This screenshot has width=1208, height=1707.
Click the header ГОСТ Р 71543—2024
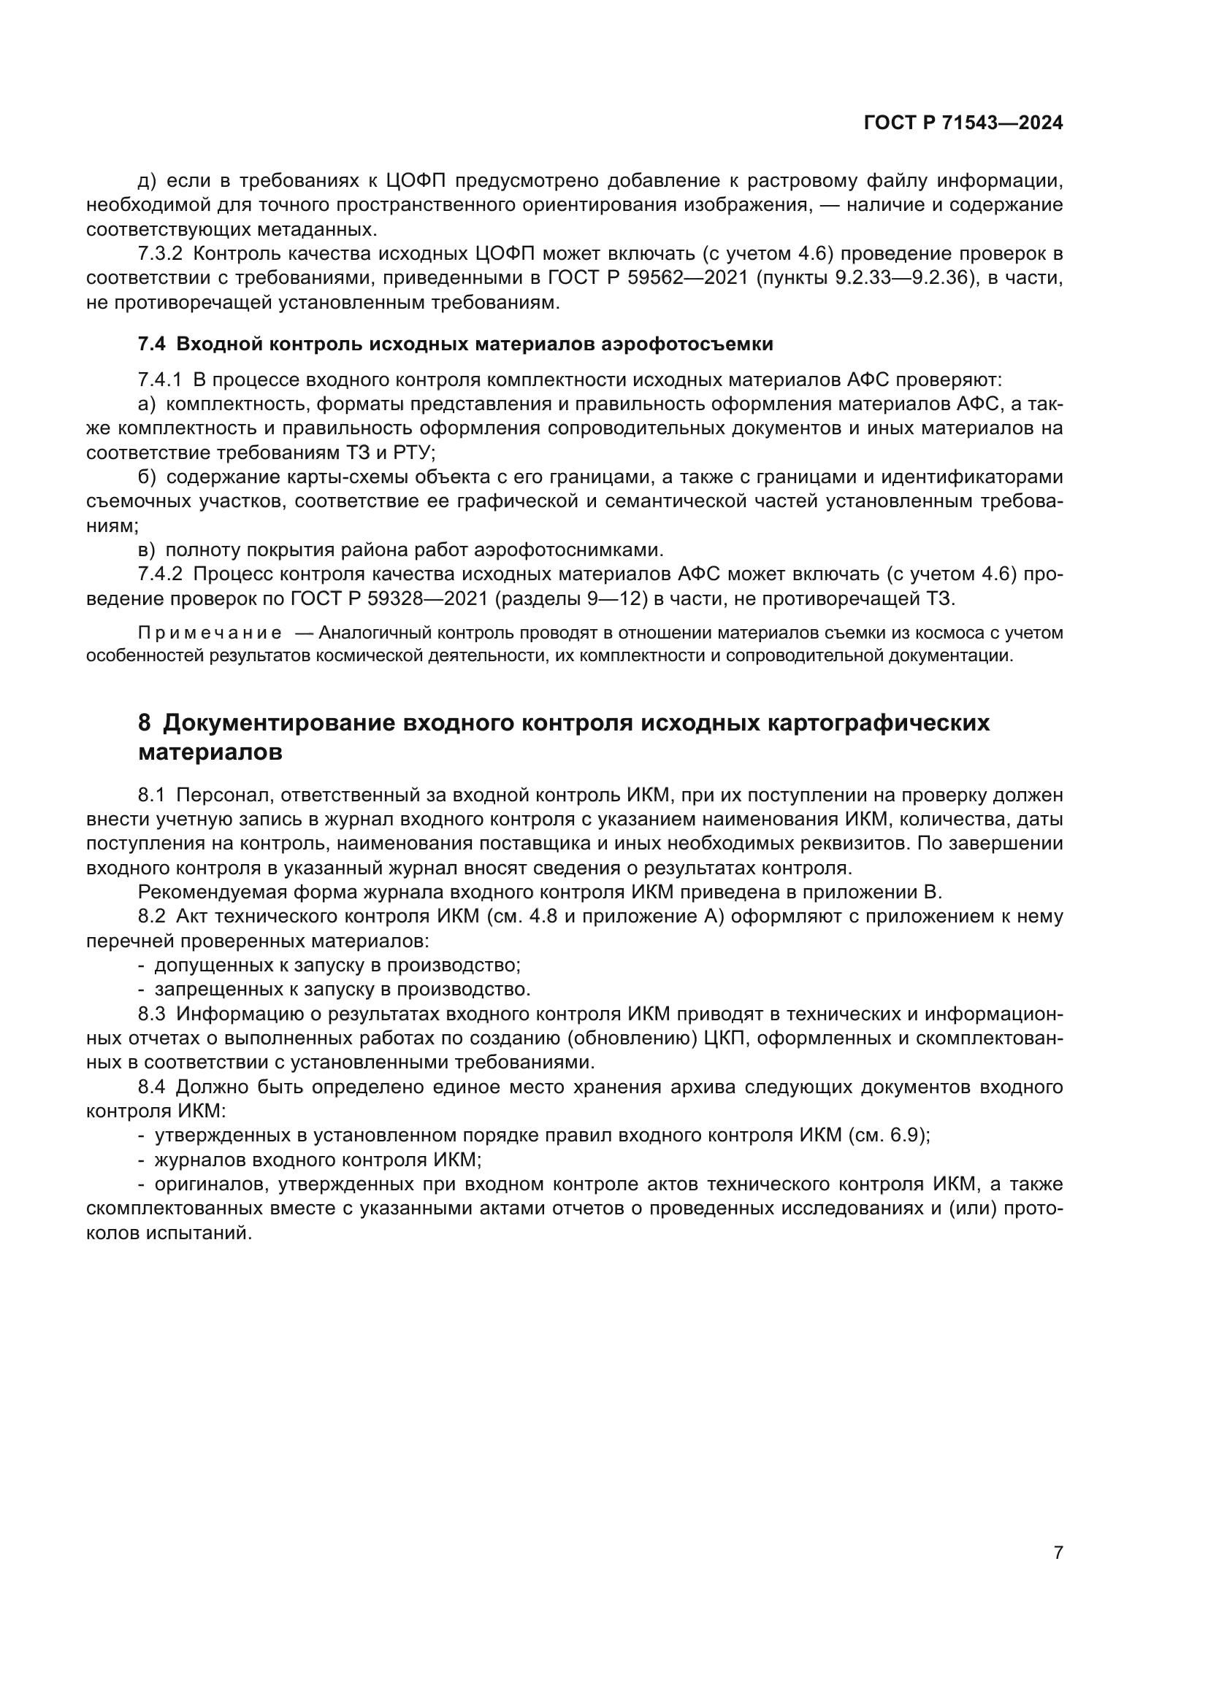click(x=963, y=123)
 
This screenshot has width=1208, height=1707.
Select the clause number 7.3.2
click(x=159, y=253)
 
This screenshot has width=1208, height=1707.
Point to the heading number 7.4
click(x=152, y=344)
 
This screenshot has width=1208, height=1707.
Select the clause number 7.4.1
click(x=159, y=380)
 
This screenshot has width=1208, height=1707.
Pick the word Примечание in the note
click(x=210, y=633)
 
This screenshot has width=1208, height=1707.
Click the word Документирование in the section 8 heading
click(x=277, y=723)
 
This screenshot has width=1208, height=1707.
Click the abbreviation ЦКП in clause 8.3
click(x=721, y=1038)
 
